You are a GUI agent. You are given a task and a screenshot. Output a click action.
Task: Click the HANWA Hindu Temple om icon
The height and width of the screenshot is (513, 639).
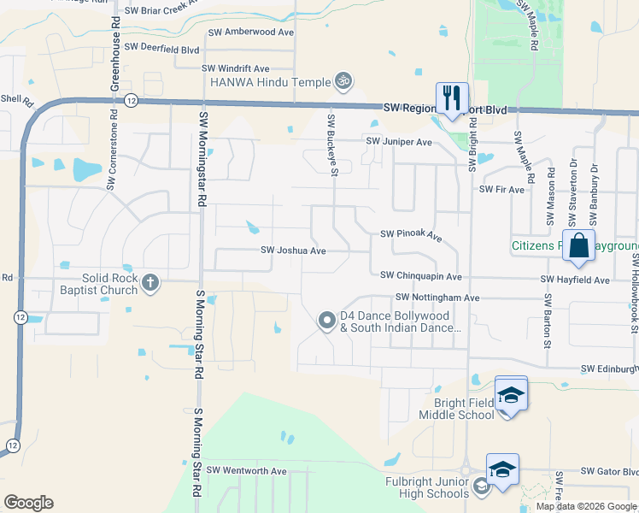click(x=343, y=81)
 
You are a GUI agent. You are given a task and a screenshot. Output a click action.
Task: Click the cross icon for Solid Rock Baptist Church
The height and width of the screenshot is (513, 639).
click(x=150, y=283)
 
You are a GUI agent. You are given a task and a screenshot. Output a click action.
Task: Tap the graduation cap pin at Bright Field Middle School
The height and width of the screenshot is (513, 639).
click(x=511, y=394)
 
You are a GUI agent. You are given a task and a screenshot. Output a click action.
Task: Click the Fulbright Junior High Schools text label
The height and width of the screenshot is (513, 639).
click(x=424, y=487)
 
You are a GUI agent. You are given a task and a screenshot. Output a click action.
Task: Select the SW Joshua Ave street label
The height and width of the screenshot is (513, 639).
click(x=293, y=251)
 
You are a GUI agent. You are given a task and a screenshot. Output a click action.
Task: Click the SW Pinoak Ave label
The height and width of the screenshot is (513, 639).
click(x=411, y=234)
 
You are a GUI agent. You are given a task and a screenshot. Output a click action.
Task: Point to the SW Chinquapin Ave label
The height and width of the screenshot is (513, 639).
click(x=421, y=276)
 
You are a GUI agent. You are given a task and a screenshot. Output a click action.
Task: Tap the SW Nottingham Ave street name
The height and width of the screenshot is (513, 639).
click(x=437, y=298)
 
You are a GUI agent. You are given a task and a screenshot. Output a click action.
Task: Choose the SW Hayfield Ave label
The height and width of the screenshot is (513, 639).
click(x=575, y=280)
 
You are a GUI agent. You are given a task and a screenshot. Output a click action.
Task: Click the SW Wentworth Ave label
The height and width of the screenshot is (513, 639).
click(x=247, y=471)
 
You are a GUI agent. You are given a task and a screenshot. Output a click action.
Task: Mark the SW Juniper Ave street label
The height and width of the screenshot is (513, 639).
click(x=399, y=142)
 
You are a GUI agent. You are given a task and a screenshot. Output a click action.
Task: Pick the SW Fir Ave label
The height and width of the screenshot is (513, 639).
click(x=501, y=189)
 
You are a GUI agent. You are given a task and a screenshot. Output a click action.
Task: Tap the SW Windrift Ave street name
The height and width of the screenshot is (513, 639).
click(x=235, y=68)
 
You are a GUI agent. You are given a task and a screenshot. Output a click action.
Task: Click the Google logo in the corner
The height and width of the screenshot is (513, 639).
click(x=29, y=503)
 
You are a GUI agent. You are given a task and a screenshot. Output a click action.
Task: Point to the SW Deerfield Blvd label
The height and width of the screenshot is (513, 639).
click(x=161, y=48)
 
